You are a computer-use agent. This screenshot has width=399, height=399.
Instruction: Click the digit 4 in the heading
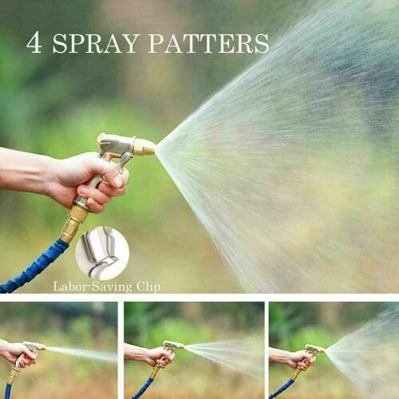pyautogui.click(x=34, y=42)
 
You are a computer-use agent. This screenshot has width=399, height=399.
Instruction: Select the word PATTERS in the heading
pyautogui.click(x=207, y=43)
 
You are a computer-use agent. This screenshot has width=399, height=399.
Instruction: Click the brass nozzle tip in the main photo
pyautogui.click(x=144, y=147)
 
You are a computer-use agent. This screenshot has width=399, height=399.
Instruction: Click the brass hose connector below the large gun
pyautogui.click(x=73, y=224)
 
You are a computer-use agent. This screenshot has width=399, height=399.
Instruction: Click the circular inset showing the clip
pyautogui.click(x=102, y=252)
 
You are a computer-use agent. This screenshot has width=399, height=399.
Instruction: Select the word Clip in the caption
pyautogui.click(x=145, y=286)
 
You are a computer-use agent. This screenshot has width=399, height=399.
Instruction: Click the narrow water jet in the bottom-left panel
pyautogui.click(x=80, y=354)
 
